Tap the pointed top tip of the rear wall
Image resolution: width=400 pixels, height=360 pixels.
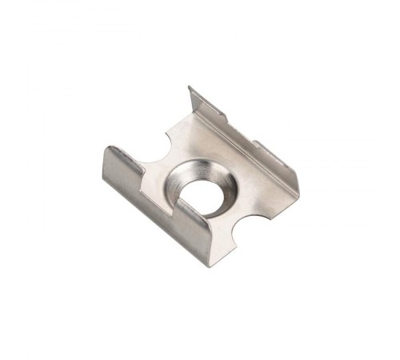tap(190, 87)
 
